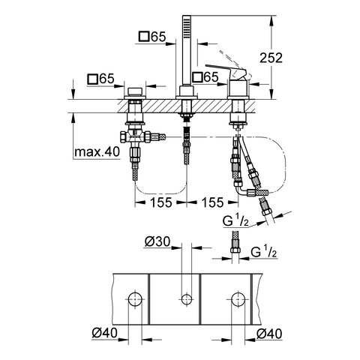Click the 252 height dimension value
(271, 58)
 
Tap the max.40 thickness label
(97, 151)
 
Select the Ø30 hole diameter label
(157, 241)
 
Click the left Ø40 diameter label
(104, 332)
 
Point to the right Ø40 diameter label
(269, 334)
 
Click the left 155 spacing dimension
(161, 202)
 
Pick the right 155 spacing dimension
(212, 202)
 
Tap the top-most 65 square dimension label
(152, 37)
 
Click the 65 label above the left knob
(100, 79)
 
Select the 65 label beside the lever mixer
(205, 76)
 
